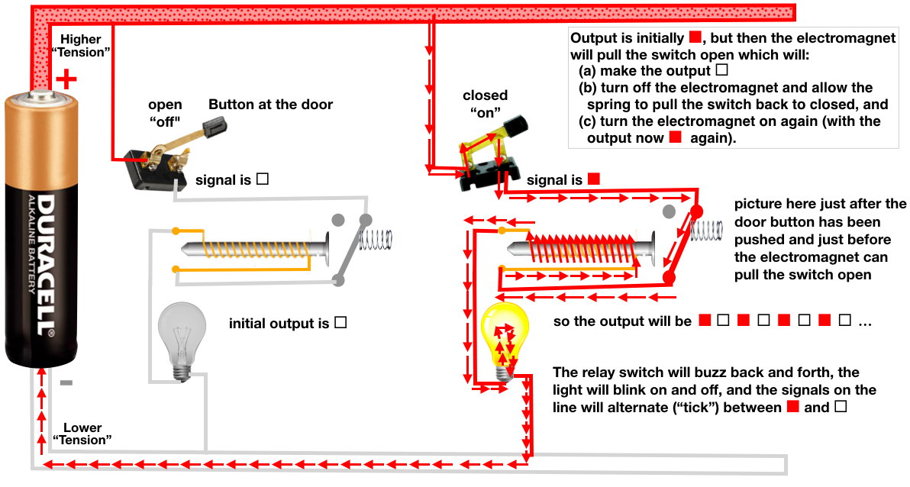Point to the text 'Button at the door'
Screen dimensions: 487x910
[x=270, y=105]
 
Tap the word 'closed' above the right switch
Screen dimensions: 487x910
[x=485, y=95]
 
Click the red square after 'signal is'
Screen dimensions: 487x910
[x=594, y=179]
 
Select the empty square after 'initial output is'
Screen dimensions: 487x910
[x=340, y=323]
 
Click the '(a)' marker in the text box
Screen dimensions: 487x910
[x=589, y=70]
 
